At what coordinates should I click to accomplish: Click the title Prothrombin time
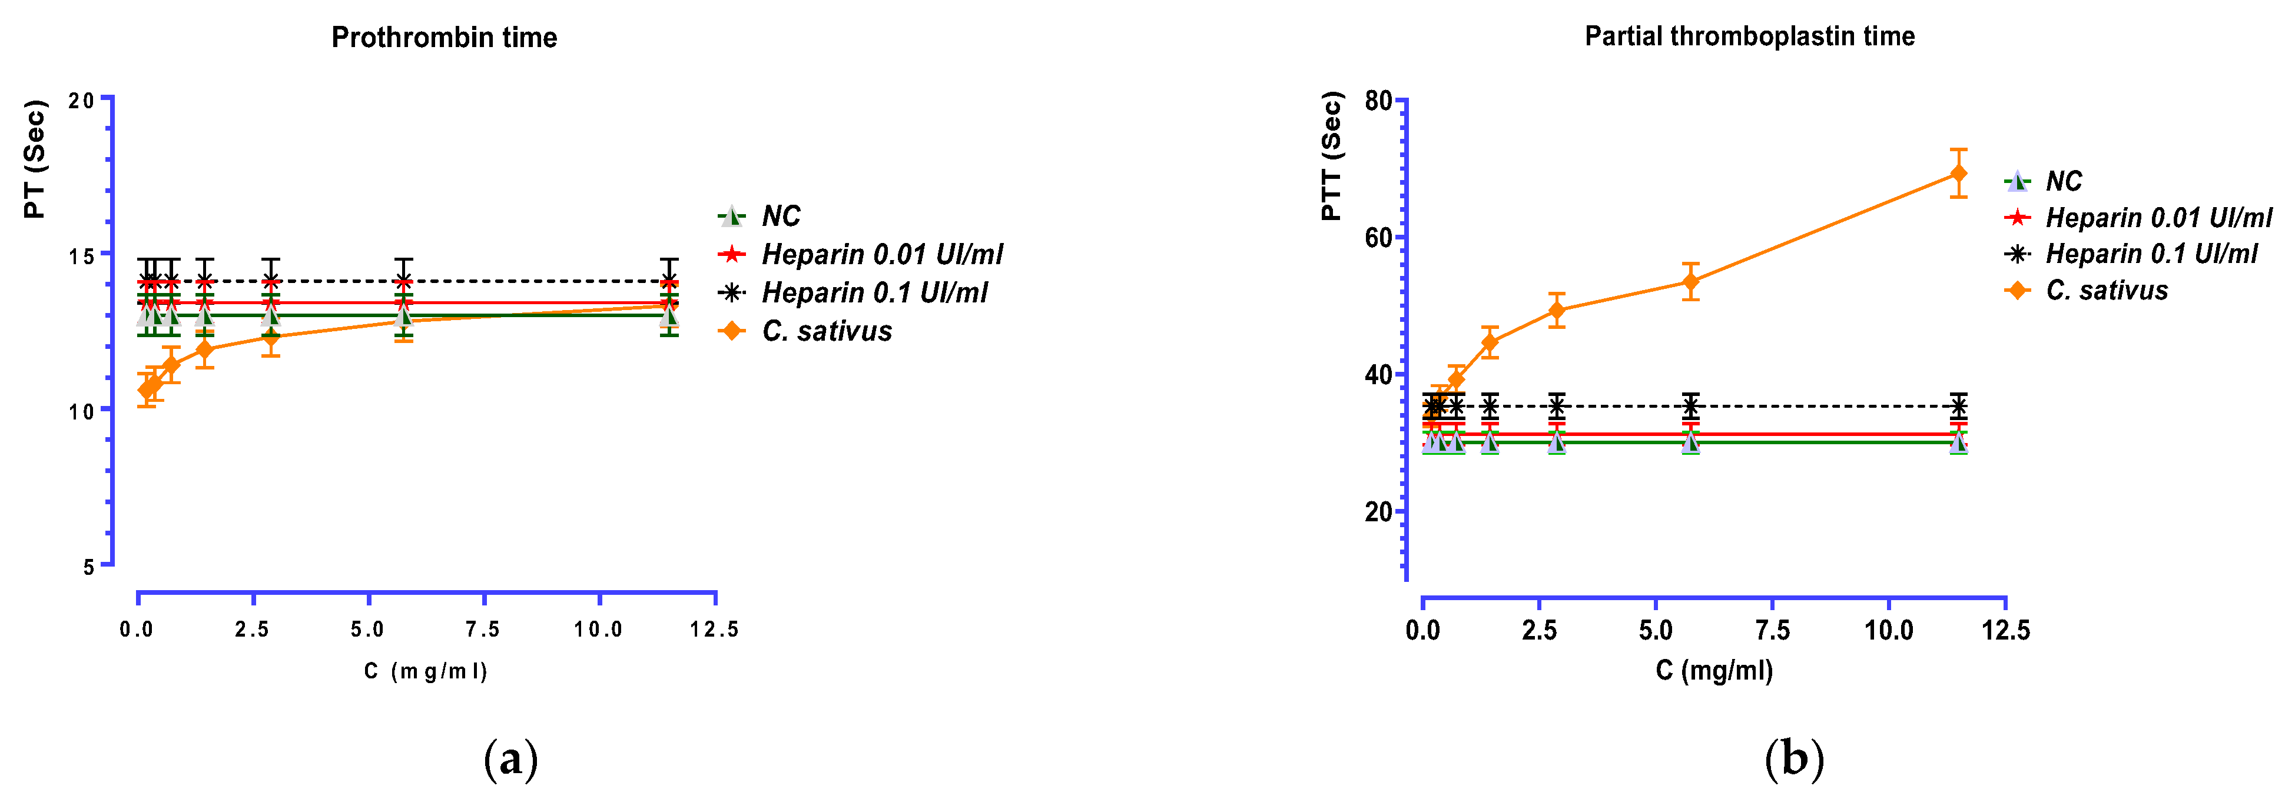coord(444,38)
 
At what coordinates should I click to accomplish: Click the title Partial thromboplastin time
coord(1749,36)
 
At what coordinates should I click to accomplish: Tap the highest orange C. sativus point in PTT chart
coord(1958,173)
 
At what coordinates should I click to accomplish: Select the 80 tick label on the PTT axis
coord(1377,101)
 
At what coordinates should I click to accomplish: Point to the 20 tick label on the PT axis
coord(81,101)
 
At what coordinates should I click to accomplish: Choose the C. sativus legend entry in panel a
coord(826,331)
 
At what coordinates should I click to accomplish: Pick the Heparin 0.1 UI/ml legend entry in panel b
coord(2151,254)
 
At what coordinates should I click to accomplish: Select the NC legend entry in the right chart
coord(2062,182)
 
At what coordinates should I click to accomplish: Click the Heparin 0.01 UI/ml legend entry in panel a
coord(881,255)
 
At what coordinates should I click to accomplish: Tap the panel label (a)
coord(510,760)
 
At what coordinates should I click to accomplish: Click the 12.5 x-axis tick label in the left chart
coord(714,630)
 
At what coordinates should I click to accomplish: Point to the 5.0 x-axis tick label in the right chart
coord(1656,631)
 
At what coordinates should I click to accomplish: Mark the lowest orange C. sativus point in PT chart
coord(147,389)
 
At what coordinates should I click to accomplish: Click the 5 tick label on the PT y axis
coord(88,567)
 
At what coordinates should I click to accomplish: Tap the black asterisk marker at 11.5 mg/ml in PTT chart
coord(1958,406)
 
